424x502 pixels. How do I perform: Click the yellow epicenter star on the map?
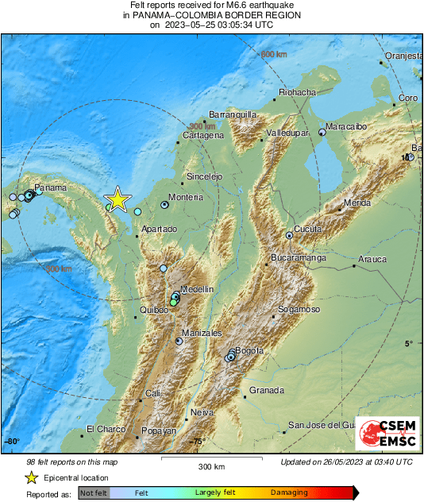pos(118,199)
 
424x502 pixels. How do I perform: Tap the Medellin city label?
pos(197,290)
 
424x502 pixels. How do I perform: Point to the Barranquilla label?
pos(232,114)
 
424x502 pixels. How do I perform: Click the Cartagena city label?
pos(203,136)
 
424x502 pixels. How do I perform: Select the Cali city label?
pos(153,393)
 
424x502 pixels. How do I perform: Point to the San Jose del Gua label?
pos(320,425)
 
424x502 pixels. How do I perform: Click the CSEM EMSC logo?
pos(387,435)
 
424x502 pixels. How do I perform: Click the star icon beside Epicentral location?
pos(31,478)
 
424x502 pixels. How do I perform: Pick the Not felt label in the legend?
pos(93,493)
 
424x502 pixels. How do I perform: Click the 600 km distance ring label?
pos(273,54)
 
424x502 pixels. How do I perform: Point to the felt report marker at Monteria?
pos(165,204)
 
